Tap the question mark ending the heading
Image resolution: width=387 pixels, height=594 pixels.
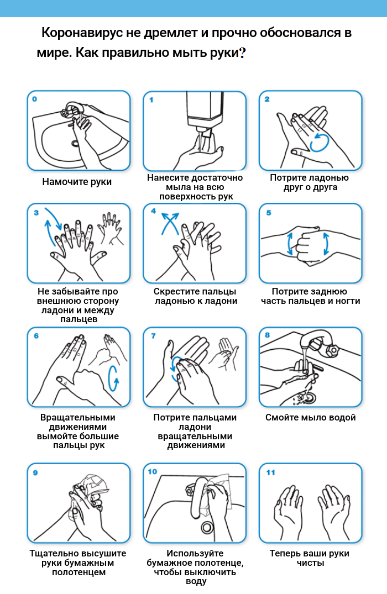click(x=243, y=52)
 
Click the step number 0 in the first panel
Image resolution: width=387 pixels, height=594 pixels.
click(x=34, y=99)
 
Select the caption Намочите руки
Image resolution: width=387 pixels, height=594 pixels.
click(x=77, y=182)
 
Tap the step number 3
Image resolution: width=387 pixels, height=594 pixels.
click(x=36, y=213)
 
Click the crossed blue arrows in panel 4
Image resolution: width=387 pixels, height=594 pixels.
click(x=170, y=223)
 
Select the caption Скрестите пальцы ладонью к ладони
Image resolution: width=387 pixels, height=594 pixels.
click(x=195, y=296)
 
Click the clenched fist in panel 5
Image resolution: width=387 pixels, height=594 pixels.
click(x=308, y=245)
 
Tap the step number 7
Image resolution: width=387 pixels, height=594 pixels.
click(x=153, y=336)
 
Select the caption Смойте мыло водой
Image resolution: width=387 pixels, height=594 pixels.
click(x=311, y=418)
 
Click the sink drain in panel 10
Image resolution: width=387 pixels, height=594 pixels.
click(x=207, y=527)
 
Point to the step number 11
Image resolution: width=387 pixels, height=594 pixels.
click(x=271, y=472)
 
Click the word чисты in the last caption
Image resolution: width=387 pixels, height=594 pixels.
click(x=311, y=563)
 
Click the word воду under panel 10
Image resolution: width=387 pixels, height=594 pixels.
click(x=196, y=581)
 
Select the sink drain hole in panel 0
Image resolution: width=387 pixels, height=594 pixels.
click(x=75, y=144)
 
